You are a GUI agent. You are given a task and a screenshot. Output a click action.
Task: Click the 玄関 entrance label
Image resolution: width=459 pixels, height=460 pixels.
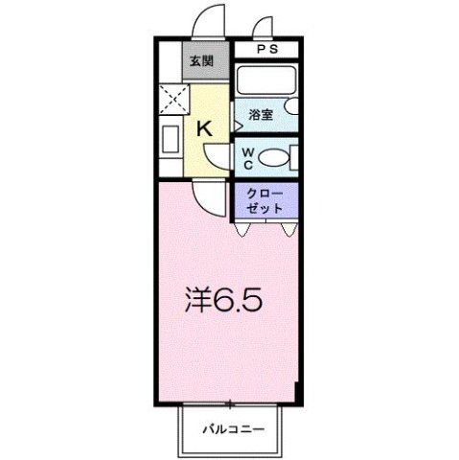(x=200, y=62)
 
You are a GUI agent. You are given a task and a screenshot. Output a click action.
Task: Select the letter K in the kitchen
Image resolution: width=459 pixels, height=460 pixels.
(x=204, y=127)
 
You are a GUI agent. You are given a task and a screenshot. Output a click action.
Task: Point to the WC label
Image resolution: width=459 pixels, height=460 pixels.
(x=246, y=156)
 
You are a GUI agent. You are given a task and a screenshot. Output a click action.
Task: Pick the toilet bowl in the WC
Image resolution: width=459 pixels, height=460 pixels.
(x=272, y=158)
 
